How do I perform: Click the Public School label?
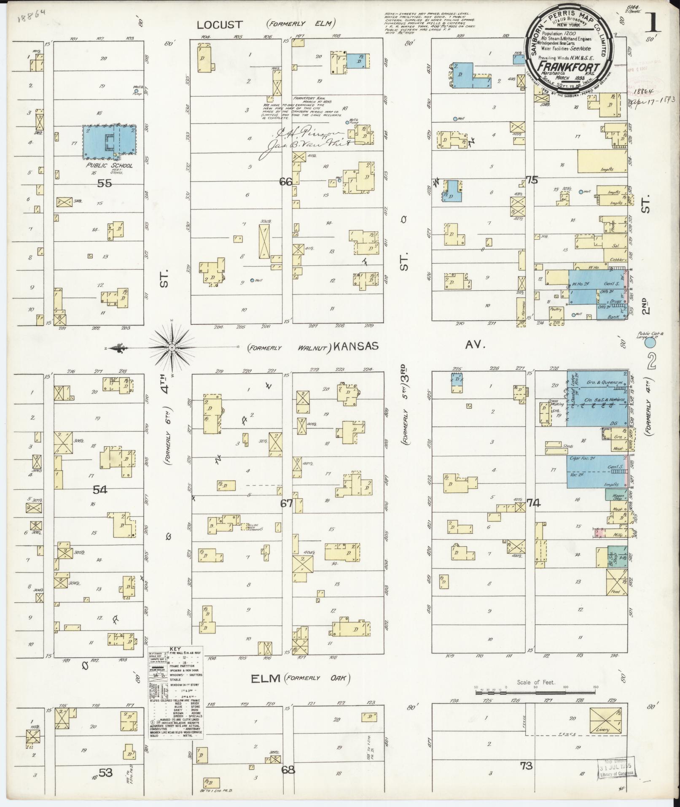click(110, 166)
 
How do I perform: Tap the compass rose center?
click(172, 347)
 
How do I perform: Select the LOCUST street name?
click(215, 25)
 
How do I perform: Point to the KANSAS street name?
click(355, 346)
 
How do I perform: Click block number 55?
click(104, 184)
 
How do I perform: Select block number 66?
click(286, 182)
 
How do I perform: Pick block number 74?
click(533, 503)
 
